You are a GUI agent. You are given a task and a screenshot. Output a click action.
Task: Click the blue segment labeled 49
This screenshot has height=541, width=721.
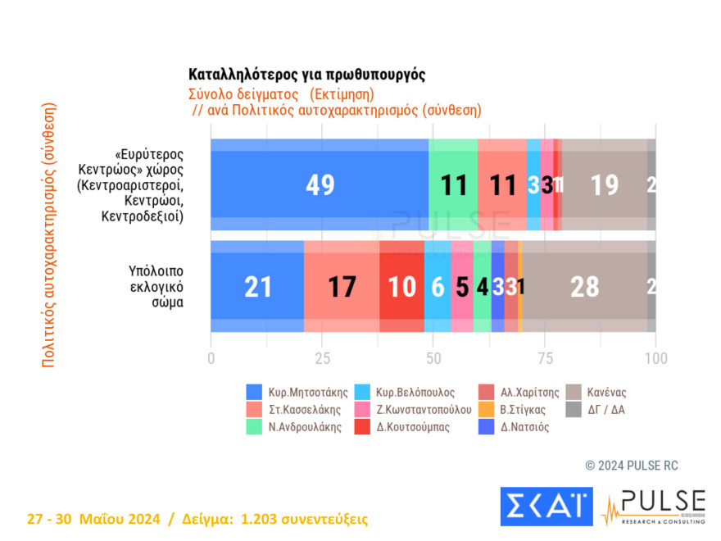320,185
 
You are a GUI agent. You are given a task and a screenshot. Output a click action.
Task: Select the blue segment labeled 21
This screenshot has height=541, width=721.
257,286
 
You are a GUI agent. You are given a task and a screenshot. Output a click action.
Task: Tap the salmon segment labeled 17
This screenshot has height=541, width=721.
342,286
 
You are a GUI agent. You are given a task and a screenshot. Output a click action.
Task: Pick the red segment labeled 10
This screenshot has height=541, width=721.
401,286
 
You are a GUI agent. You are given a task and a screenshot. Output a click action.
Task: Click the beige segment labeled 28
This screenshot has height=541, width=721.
584,286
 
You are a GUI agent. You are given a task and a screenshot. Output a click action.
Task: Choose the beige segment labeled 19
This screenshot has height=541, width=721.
604,185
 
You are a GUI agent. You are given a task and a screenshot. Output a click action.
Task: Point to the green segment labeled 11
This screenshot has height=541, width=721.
453,185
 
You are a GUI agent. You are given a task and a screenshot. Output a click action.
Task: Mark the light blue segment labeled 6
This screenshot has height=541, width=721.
438,286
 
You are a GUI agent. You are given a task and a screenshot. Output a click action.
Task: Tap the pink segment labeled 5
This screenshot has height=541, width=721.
462,286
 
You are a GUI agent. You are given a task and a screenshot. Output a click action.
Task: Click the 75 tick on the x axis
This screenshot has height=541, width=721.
545,358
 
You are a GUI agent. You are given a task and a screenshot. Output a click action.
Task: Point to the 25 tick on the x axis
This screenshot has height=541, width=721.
323,358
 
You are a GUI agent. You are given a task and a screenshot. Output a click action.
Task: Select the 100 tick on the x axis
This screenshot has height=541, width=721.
655,358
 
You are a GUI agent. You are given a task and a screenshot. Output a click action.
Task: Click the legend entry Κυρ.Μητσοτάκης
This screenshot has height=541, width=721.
294,393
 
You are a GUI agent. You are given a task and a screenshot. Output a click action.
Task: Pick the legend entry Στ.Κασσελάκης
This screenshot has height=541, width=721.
294,410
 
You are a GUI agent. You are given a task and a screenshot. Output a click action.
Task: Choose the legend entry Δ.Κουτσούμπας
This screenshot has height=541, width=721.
406,427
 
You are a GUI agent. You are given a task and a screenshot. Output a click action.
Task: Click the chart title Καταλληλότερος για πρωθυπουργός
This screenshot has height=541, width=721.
306,75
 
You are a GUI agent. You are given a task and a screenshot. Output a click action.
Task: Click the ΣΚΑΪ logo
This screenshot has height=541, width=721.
546,507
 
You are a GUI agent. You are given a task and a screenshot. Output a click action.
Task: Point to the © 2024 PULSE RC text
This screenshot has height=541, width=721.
631,466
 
